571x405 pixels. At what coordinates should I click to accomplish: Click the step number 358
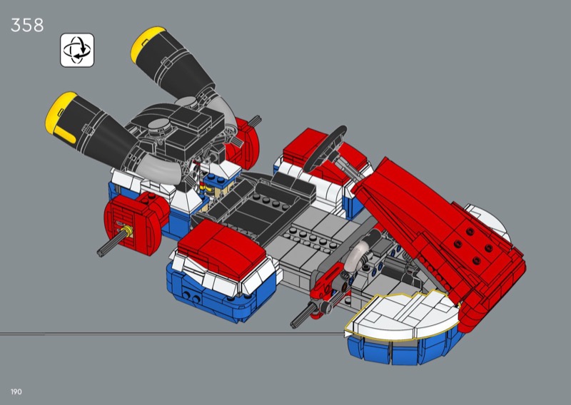tap(27, 25)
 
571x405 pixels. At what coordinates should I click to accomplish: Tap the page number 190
tap(16, 392)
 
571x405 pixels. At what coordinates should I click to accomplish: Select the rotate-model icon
tap(77, 50)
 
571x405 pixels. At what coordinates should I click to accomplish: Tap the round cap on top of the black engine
tap(159, 126)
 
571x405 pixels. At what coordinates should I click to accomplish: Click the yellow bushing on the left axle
tap(127, 230)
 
